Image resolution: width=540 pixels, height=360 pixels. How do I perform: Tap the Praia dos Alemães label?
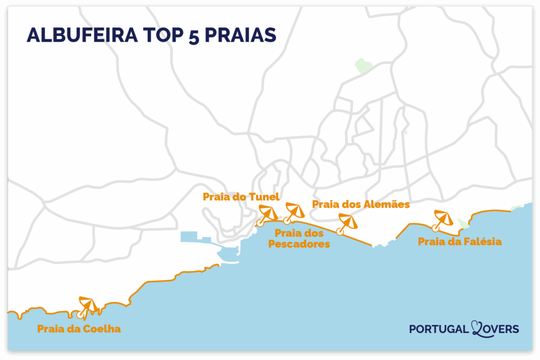[x=361, y=204]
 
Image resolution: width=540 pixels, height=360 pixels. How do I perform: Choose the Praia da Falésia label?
[x=459, y=242]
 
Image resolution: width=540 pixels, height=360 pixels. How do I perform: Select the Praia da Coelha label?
[x=79, y=329]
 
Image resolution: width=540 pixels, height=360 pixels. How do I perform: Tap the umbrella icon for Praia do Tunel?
[x=268, y=212]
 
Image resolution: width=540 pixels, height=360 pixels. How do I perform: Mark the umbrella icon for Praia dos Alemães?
[x=348, y=221]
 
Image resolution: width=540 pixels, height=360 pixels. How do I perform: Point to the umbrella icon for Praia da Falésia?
[x=442, y=218]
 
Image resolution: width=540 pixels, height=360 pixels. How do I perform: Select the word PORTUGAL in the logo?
[x=439, y=329]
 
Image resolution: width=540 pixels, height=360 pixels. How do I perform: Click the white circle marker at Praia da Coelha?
[x=80, y=315]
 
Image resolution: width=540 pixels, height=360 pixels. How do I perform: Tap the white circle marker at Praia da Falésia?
[x=435, y=228]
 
